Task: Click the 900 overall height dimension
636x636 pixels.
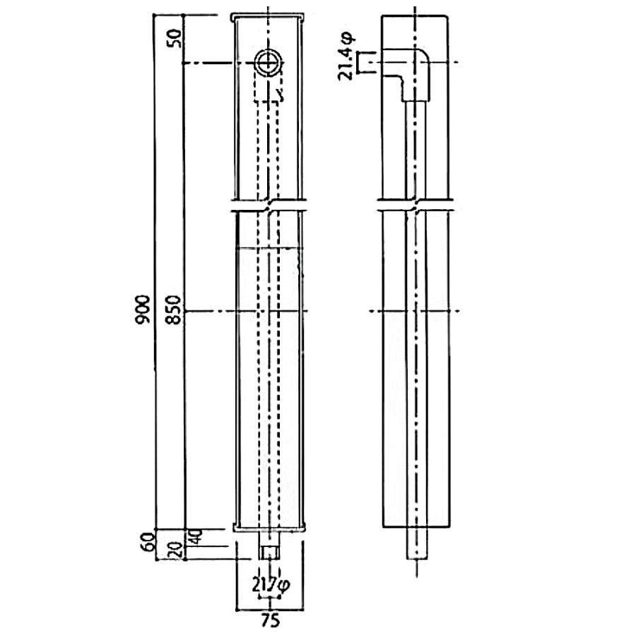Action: (143, 310)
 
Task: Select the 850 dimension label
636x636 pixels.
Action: (174, 310)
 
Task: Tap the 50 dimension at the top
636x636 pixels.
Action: (177, 39)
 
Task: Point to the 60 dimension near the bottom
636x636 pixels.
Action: (149, 541)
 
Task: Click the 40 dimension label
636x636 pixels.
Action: (195, 537)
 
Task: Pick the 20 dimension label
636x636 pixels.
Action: (177, 552)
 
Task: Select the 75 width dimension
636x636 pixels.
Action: (271, 620)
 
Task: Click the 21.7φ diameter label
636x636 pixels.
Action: (271, 585)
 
